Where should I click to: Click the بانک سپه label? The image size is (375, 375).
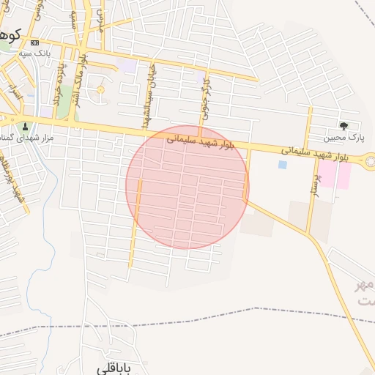click(x=34, y=52)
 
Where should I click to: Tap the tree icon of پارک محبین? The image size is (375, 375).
click(x=344, y=126)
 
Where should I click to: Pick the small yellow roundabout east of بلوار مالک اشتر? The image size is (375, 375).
click(x=100, y=90)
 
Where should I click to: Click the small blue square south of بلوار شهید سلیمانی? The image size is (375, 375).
click(x=283, y=165)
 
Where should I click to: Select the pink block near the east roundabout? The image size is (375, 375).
click(x=333, y=174)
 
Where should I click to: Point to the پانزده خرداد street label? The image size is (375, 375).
click(x=58, y=82)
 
